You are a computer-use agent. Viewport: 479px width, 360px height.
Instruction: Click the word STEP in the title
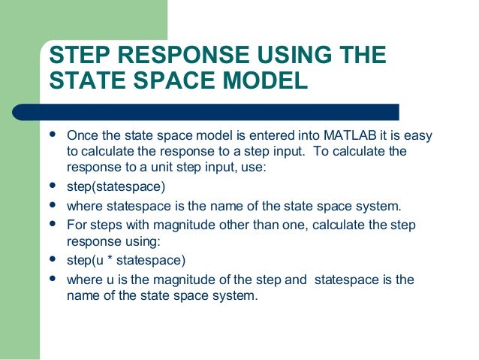76,56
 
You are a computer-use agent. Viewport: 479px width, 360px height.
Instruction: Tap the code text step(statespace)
114,186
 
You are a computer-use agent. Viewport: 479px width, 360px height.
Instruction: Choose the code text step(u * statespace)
125,261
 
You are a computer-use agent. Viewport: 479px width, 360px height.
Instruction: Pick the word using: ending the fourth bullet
143,242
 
